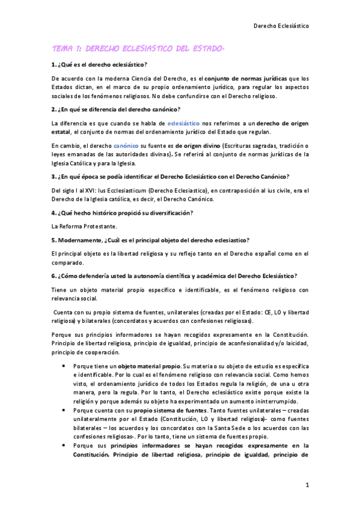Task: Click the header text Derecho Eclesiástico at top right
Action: click(x=281, y=26)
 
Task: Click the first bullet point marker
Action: click(x=64, y=366)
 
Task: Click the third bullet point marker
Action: click(x=64, y=446)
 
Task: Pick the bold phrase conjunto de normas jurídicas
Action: click(x=245, y=78)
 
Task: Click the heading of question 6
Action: click(x=175, y=275)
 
